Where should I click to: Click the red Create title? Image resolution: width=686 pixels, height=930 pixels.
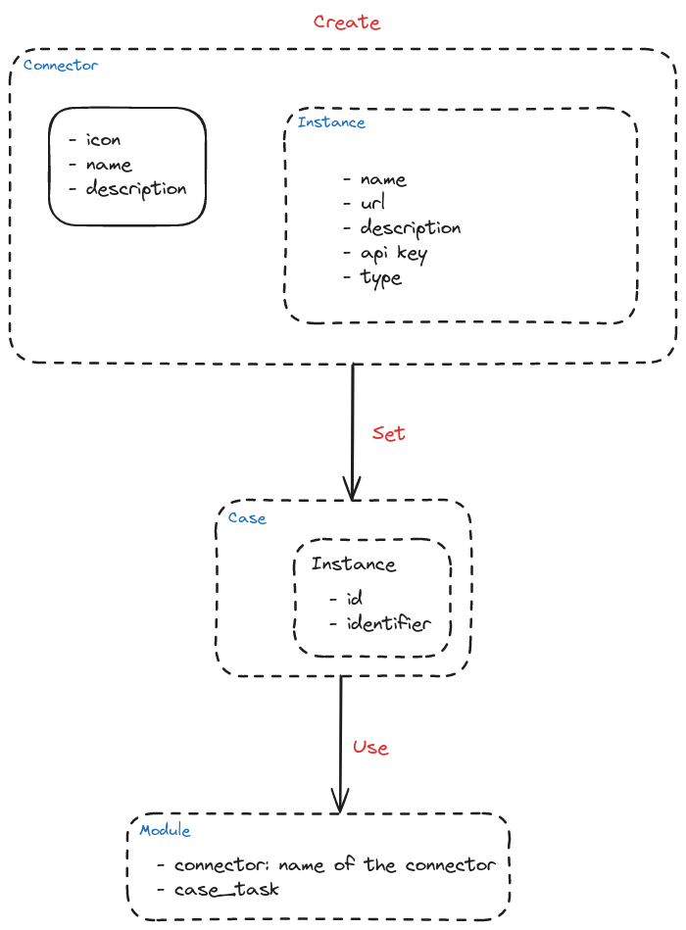tap(347, 22)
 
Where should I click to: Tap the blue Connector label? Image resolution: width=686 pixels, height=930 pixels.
tap(61, 66)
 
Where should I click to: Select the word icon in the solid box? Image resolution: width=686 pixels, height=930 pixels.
tap(103, 140)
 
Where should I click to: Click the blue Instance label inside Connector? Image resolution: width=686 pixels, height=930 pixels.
tap(331, 122)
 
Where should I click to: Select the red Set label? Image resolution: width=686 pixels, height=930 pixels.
tap(388, 433)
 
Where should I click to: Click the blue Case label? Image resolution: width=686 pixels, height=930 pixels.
tap(247, 518)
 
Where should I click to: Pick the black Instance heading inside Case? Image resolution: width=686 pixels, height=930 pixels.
tap(354, 563)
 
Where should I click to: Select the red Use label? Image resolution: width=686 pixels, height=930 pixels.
tap(370, 748)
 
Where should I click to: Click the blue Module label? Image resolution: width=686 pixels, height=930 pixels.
tap(165, 830)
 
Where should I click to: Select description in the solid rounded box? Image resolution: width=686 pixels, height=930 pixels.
tap(136, 189)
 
